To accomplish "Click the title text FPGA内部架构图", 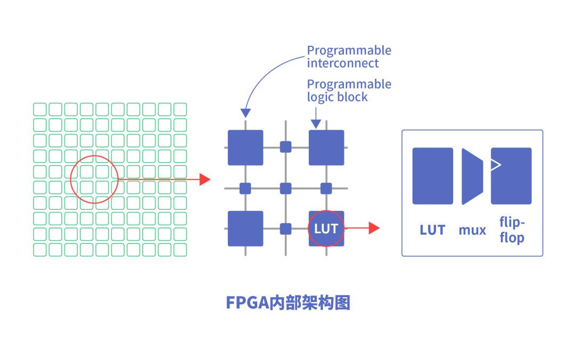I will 288,302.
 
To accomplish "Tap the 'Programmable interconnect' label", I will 349,56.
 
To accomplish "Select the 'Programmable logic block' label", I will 349,91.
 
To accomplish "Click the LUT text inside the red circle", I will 326,228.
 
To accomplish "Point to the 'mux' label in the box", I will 472,230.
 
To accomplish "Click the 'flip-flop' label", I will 512,230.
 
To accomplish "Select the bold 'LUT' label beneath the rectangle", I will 432,230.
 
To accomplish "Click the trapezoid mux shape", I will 472,176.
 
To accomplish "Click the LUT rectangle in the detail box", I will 432,176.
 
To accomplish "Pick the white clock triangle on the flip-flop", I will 495,165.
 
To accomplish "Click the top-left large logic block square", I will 245,148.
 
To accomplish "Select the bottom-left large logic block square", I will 245,228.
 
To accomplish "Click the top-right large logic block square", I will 326,148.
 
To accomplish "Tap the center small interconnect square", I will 286,188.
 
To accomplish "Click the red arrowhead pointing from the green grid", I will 205,179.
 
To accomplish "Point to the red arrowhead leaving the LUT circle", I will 374,228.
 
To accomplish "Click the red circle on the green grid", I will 94,179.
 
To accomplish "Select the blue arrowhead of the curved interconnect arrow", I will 245,113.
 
